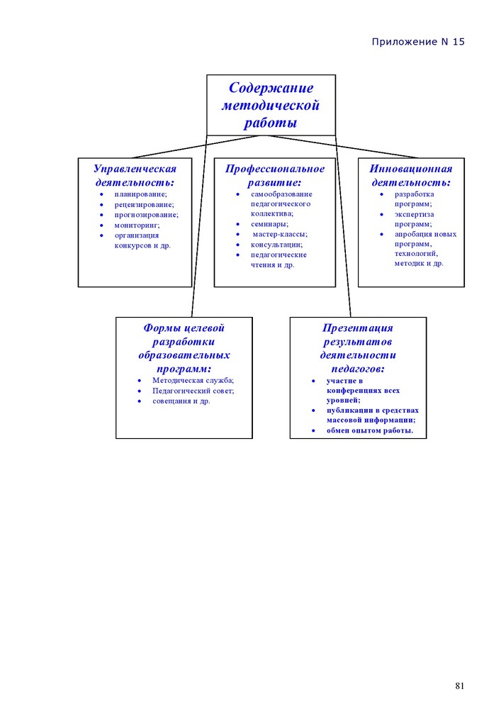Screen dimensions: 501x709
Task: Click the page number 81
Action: coord(459,686)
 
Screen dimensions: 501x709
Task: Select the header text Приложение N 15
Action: coord(418,42)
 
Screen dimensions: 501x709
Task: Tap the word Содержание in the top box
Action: coord(271,87)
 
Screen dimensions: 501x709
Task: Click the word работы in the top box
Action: coord(271,123)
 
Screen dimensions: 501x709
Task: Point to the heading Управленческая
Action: coord(135,169)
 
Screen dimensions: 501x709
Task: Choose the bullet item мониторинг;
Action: coord(137,225)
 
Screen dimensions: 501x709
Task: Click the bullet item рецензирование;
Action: coord(144,204)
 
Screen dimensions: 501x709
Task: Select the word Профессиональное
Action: coord(275,169)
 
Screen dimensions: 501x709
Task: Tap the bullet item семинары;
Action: coord(269,224)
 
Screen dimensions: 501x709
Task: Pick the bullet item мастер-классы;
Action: coord(280,234)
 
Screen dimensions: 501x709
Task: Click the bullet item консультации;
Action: coord(276,245)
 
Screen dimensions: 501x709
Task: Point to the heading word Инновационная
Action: coord(410,169)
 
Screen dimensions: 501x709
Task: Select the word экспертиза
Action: coord(415,214)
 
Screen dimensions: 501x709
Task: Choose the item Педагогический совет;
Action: coord(193,391)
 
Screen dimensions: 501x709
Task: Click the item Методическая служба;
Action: coord(193,380)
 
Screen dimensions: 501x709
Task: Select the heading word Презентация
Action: coord(357,328)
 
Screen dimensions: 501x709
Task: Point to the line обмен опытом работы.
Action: coord(370,430)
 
